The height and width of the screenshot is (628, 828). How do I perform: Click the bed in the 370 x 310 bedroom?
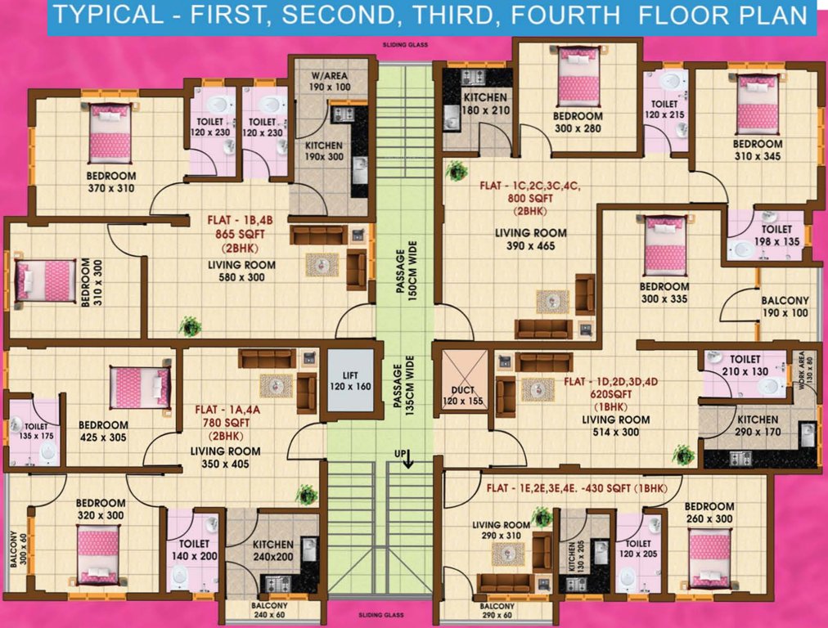pos(110,132)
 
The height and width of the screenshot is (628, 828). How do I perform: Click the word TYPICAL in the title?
pos(110,16)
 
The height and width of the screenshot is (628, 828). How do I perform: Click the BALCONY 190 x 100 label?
pos(785,307)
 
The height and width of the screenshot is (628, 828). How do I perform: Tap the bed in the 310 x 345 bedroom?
pos(757,104)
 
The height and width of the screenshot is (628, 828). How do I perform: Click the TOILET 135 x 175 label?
pos(35,431)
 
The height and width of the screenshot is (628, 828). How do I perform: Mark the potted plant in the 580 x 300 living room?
pos(191,326)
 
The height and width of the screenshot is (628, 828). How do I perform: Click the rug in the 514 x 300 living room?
pos(538,390)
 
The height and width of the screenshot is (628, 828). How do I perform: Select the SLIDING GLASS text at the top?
pos(405,47)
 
